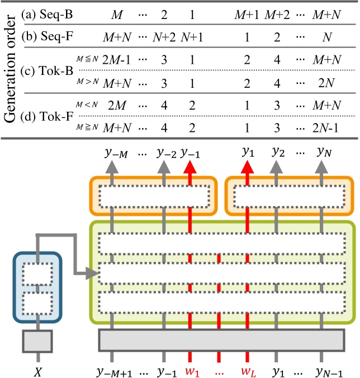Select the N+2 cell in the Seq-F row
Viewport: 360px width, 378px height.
click(x=165, y=37)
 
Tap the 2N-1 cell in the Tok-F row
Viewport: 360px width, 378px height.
click(x=327, y=127)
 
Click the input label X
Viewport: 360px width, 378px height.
click(x=38, y=368)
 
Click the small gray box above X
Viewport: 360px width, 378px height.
click(x=38, y=341)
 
